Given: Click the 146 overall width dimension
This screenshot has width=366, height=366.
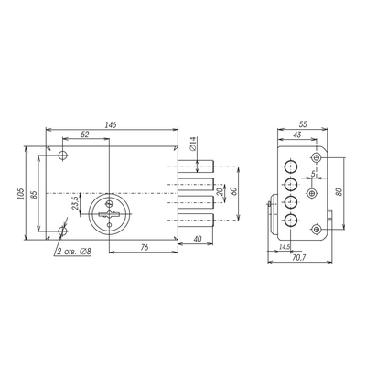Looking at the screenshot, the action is (111, 124).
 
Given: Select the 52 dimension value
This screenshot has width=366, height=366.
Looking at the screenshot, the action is (85, 135).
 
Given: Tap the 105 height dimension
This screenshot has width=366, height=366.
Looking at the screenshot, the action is (20, 193).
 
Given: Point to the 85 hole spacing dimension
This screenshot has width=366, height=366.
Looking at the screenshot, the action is (34, 195).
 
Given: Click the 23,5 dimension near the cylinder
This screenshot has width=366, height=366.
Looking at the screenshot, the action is (76, 202).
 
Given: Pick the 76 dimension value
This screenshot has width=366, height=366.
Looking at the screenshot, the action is (145, 247).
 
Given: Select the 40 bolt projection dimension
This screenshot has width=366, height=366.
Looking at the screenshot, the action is (198, 239).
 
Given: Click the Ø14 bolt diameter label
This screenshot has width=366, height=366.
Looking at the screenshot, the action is (192, 144).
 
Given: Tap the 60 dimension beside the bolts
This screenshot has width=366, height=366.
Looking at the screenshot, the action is (234, 191).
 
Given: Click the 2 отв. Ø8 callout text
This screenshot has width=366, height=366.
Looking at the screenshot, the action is (74, 252).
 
